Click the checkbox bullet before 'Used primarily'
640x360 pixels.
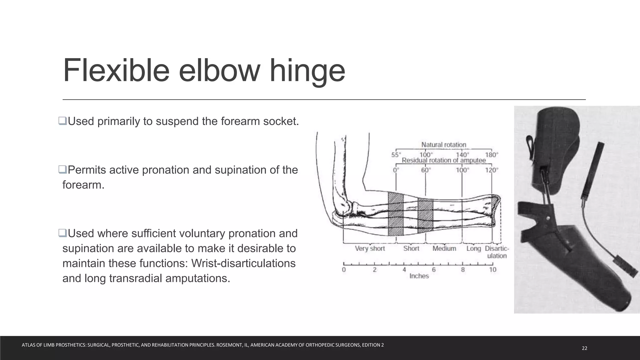pyautogui.click(x=62, y=121)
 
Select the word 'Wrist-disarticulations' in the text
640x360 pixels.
pyautogui.click(x=243, y=263)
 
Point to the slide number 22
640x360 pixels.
pyautogui.click(x=584, y=348)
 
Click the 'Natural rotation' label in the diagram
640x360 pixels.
pyautogui.click(x=443, y=145)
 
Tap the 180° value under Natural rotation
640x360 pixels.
pyautogui.click(x=491, y=155)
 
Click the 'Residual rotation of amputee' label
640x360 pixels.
pyautogui.click(x=443, y=160)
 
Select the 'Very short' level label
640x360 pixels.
pyautogui.click(x=370, y=248)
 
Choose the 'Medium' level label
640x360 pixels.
pyautogui.click(x=444, y=248)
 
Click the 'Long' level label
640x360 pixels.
pyautogui.click(x=473, y=248)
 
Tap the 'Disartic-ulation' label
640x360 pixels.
pyautogui.click(x=497, y=252)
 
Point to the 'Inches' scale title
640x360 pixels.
pyautogui.click(x=419, y=276)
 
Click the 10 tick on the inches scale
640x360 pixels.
pyautogui.click(x=492, y=270)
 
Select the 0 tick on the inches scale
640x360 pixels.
pyautogui.click(x=344, y=270)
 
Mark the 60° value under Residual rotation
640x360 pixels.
pyautogui.click(x=426, y=170)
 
